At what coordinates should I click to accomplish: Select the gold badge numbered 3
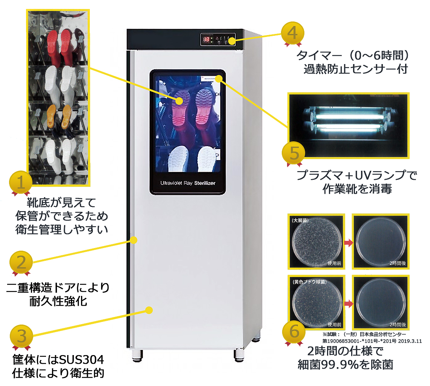click(x=21, y=335)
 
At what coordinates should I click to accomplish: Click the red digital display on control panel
click(x=206, y=39)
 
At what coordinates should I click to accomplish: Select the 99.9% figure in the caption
click(x=348, y=365)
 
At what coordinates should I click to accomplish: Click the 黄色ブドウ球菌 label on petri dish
click(x=308, y=282)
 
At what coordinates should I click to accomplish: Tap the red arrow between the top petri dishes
click(x=348, y=242)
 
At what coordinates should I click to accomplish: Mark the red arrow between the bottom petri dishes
click(x=348, y=303)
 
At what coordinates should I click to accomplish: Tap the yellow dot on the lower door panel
click(x=149, y=310)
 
